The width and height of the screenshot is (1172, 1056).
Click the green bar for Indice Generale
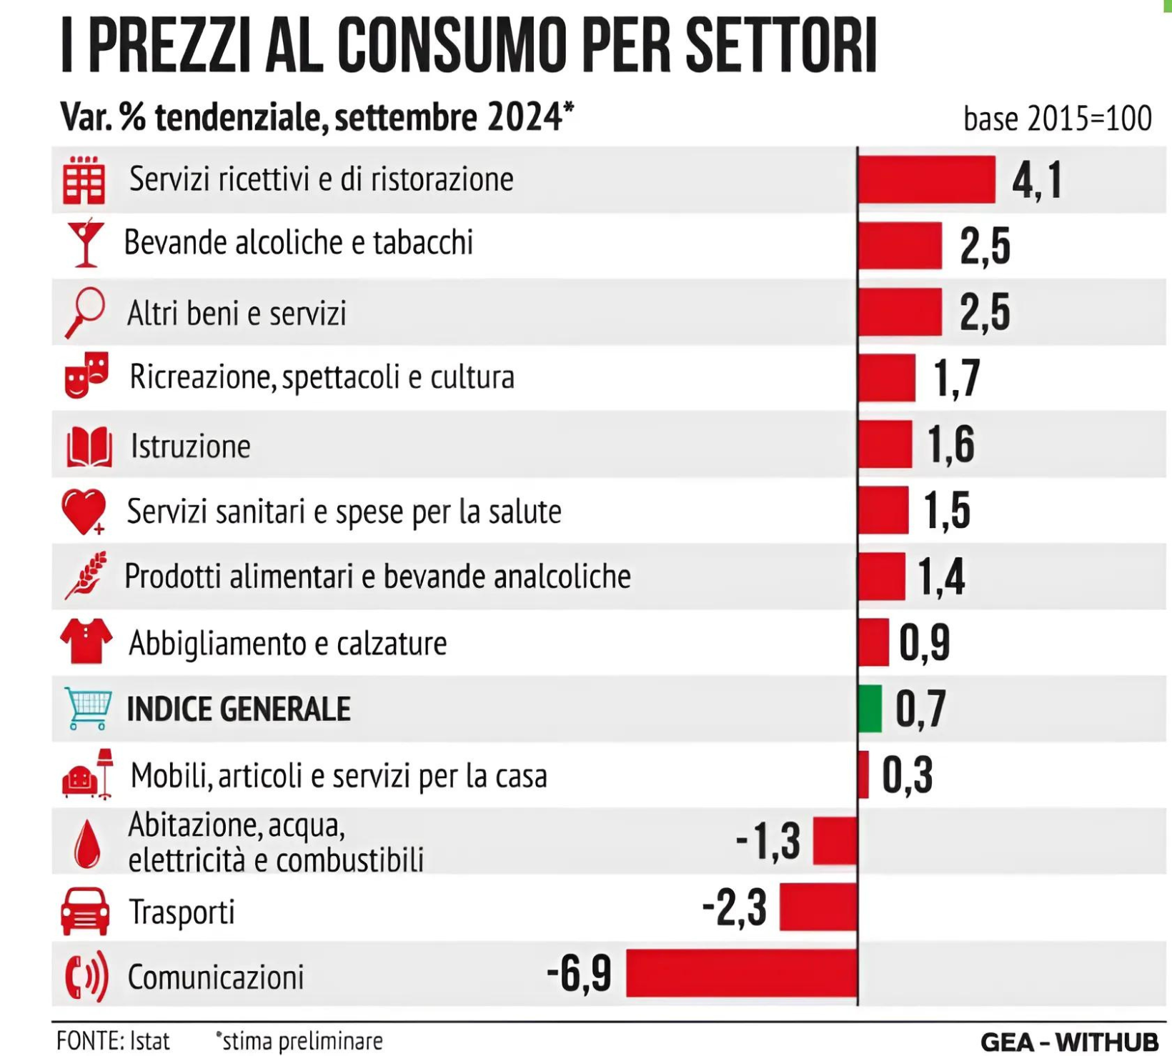870,709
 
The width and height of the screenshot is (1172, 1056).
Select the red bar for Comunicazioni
741,973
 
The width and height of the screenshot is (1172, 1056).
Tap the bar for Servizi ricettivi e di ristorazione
926,179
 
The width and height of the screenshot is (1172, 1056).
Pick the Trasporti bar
818,907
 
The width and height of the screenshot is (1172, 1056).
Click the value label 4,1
1037,180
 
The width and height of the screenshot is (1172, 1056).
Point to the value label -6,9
579,974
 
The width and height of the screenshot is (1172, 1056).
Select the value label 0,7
920,709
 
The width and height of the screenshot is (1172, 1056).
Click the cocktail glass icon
85,243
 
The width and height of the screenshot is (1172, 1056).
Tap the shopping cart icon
87,708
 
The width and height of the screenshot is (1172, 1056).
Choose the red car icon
85,911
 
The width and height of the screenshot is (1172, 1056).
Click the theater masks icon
86,374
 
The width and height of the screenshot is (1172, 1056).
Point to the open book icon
89,447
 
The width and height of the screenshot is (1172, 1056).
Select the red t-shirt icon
86,642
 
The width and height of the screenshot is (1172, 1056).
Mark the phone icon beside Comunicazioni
86,976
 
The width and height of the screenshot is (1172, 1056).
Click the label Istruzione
190,447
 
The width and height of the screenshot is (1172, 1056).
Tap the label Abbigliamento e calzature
287,643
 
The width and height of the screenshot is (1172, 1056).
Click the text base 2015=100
1057,119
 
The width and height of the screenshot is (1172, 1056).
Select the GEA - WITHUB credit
1068,1042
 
